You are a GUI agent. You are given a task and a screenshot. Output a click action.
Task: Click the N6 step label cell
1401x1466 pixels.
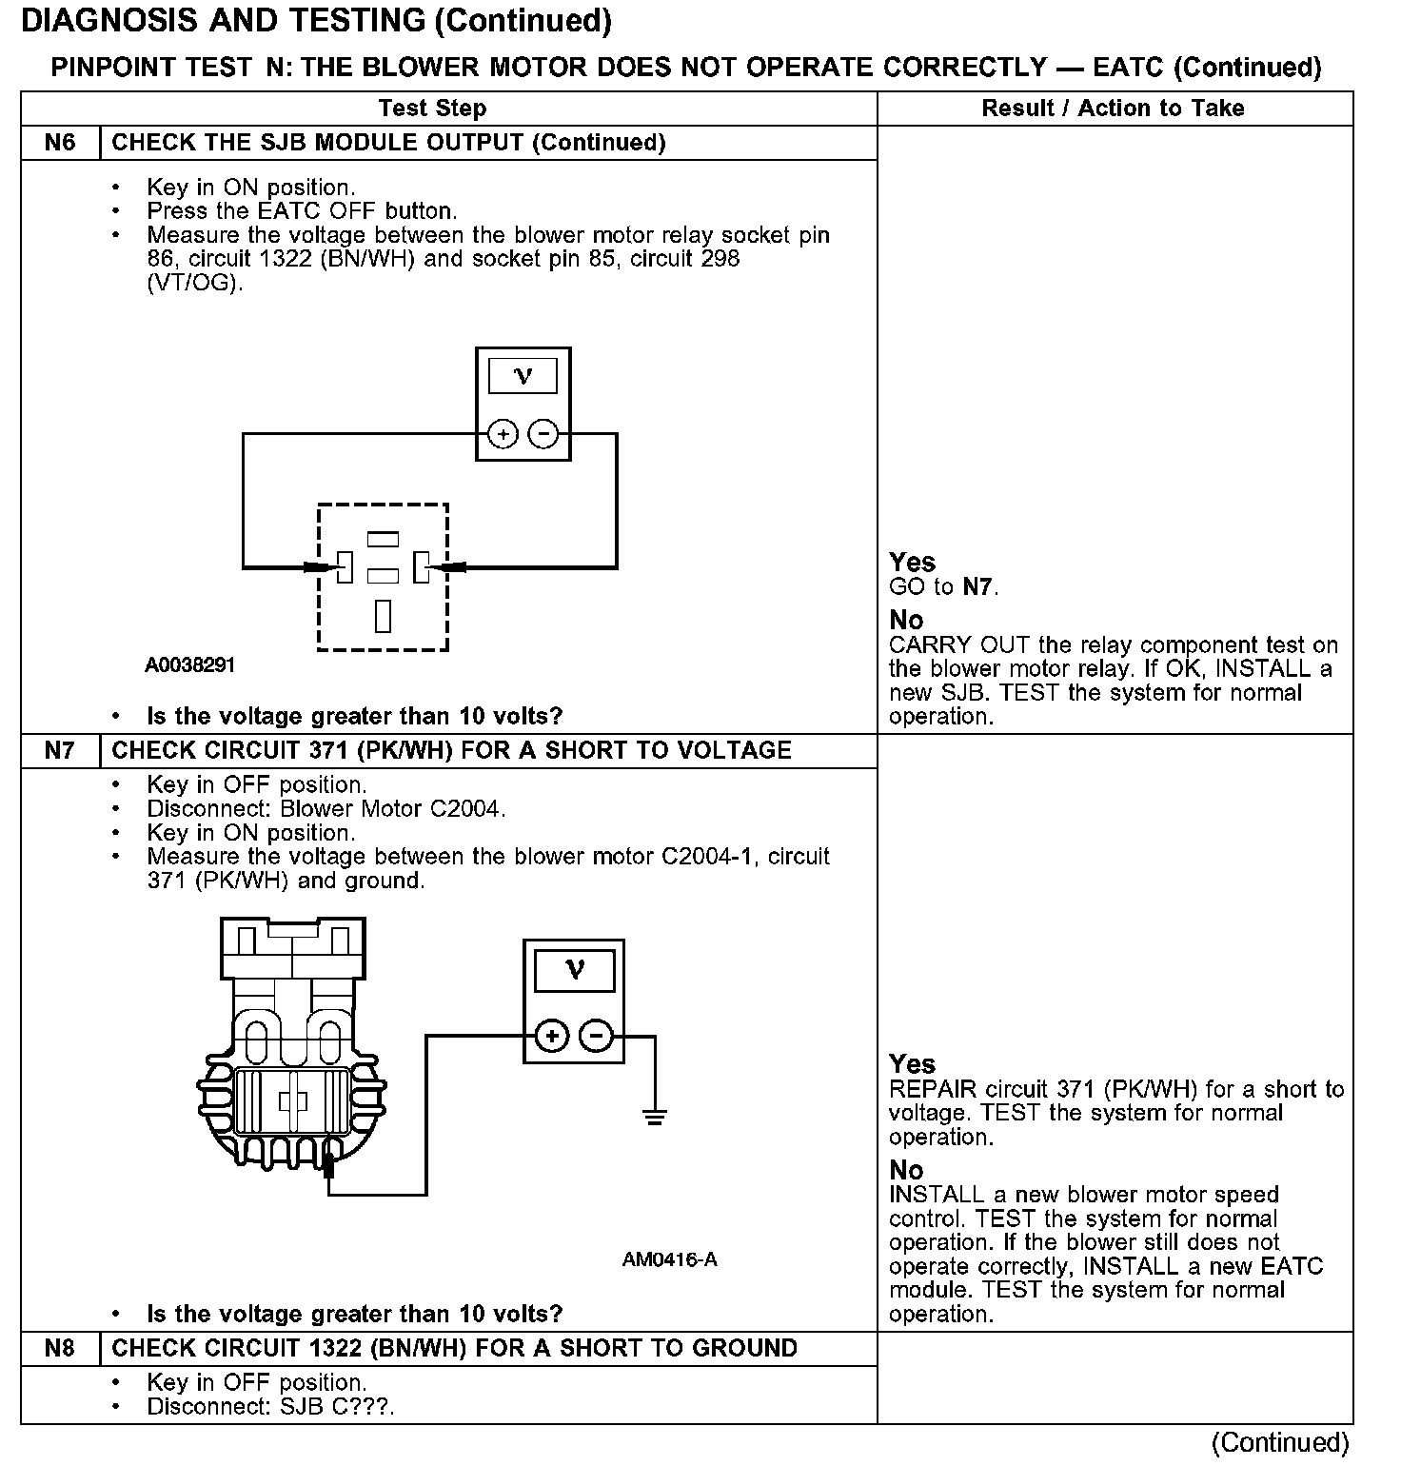coord(59,143)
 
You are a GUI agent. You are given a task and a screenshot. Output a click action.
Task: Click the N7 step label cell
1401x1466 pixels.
coord(59,750)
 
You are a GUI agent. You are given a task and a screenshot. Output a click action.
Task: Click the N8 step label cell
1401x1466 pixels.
coord(59,1348)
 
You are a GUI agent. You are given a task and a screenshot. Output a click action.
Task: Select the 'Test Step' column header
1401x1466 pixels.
coord(432,109)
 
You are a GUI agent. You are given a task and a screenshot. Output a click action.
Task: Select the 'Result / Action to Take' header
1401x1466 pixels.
coord(1113,109)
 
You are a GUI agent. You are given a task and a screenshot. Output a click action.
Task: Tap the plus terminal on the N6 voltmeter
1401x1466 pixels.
coord(503,435)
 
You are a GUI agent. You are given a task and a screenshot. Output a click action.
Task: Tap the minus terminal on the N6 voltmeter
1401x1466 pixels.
coord(543,435)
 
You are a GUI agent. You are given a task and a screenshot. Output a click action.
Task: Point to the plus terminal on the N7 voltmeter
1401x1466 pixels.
coord(552,1036)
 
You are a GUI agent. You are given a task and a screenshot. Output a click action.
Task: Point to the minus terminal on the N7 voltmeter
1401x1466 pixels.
coord(597,1036)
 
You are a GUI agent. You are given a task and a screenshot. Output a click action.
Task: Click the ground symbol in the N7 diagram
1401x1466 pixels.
coord(655,1116)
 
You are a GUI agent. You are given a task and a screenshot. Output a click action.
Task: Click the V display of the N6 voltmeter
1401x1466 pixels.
coord(523,375)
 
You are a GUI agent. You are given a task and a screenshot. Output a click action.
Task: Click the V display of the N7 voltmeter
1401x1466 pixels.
coord(574,970)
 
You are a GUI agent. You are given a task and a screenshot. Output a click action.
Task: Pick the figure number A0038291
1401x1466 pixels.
coord(189,664)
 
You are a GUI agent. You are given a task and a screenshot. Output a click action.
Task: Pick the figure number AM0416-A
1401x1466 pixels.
coord(669,1260)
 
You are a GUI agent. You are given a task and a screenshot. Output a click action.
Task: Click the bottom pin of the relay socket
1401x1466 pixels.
coord(383,616)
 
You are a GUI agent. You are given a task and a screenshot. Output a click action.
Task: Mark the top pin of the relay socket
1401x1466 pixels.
coord(383,539)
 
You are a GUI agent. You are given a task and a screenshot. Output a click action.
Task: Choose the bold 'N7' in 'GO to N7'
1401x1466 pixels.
coord(977,587)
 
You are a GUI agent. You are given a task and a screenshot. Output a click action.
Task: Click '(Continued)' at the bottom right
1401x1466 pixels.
coord(1280,1443)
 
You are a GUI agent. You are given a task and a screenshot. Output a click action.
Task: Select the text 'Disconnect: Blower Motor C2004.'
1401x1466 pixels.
coord(326,809)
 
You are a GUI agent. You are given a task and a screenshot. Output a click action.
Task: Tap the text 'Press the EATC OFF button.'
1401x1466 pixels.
coord(302,211)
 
